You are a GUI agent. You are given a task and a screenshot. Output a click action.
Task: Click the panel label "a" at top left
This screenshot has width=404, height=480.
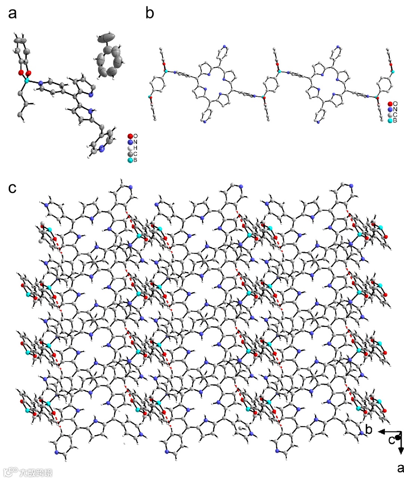[12, 14]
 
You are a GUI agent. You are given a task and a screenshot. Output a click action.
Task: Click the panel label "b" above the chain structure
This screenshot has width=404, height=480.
[150, 13]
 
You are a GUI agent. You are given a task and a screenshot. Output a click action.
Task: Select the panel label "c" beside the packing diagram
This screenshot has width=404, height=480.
[12, 188]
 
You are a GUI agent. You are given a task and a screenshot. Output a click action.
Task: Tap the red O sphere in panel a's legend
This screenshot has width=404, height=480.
[130, 136]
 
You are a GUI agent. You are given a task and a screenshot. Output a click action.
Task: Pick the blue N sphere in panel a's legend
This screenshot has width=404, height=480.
[130, 142]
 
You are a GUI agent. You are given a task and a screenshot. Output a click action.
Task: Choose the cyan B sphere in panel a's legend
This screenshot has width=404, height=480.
[130, 160]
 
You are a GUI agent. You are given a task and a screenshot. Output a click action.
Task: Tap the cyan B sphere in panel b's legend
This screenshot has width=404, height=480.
[390, 120]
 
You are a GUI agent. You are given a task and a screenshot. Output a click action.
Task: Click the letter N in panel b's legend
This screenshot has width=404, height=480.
[395, 109]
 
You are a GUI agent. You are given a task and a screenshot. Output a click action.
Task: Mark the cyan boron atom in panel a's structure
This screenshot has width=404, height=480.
[27, 80]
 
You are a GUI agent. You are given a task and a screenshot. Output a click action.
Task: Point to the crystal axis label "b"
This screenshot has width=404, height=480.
[369, 430]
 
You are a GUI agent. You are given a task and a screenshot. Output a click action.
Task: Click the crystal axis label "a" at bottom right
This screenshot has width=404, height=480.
[400, 468]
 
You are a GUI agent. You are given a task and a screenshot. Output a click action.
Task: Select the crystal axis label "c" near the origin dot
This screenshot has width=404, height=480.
[391, 440]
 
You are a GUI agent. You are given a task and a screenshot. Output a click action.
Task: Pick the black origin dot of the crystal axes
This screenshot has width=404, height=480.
[398, 437]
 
